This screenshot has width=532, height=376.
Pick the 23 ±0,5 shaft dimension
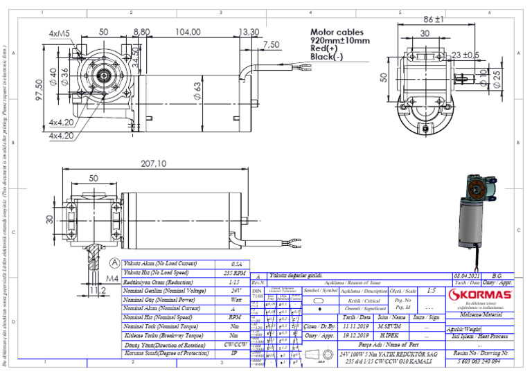[465, 55]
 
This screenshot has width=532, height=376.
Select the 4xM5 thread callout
[59, 33]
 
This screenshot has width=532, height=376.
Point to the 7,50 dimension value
[271, 44]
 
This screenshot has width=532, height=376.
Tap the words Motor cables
[336, 32]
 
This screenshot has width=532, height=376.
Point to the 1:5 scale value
[432, 292]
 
